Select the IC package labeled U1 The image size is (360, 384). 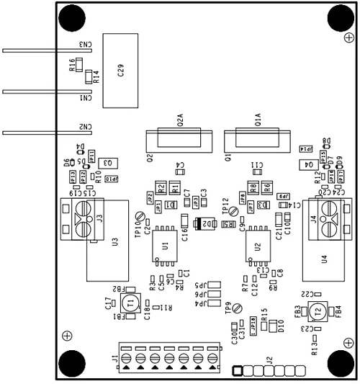point(166,246)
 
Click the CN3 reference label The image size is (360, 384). point(85,45)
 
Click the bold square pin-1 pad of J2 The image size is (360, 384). point(236,371)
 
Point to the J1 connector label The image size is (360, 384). point(115,358)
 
